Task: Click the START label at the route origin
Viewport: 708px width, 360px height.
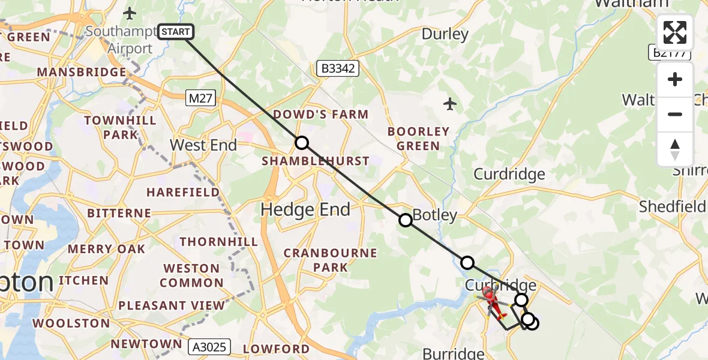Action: click(x=175, y=32)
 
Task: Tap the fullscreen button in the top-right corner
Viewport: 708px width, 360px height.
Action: click(x=675, y=32)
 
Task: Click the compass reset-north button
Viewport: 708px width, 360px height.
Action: click(x=675, y=149)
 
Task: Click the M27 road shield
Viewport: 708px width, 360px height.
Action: click(x=200, y=98)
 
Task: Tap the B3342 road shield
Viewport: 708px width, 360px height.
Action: click(x=338, y=68)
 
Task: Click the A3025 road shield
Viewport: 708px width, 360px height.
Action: click(x=209, y=347)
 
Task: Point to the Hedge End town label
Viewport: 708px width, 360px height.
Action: click(x=305, y=209)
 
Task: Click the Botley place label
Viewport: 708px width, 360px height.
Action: click(x=436, y=215)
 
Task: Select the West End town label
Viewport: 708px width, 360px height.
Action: click(x=203, y=145)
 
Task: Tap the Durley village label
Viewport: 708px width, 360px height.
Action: click(x=445, y=34)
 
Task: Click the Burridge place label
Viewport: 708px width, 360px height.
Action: click(x=453, y=353)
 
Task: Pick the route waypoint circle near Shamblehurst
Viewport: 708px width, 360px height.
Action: click(x=302, y=143)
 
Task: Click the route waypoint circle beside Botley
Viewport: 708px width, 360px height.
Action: click(x=406, y=220)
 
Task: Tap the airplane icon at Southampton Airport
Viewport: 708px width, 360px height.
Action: click(x=130, y=13)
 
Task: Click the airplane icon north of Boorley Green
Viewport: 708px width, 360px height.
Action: click(x=450, y=104)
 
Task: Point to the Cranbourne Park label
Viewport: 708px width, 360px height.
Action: click(x=331, y=260)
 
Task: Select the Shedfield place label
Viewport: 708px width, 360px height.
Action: click(x=672, y=206)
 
